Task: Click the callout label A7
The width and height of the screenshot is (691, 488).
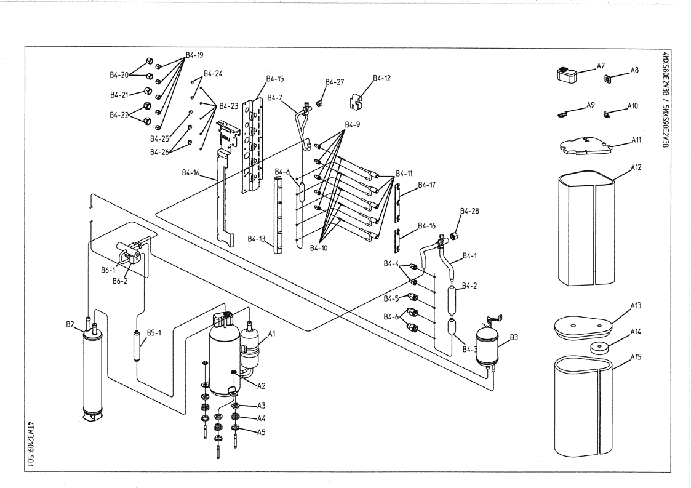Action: pos(601,65)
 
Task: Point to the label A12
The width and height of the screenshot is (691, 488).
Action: pos(635,167)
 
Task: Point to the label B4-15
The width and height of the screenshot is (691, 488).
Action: pos(275,79)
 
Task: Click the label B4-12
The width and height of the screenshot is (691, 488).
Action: pos(381,79)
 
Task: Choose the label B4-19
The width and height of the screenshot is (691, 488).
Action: pos(194,55)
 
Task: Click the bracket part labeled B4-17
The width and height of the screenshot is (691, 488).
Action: pos(399,201)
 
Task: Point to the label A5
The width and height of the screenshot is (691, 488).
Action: pos(261,431)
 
